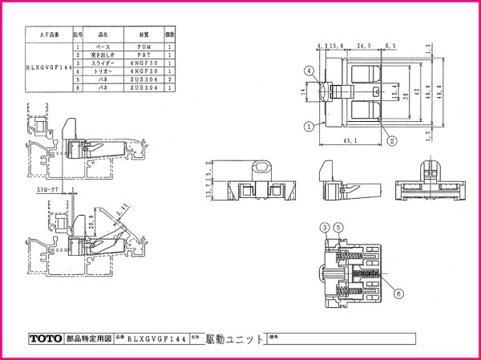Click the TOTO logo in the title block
43,339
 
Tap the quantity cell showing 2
170,80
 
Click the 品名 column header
102,35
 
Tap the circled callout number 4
308,71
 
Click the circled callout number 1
308,126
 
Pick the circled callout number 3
325,226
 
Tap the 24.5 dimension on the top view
363,47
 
